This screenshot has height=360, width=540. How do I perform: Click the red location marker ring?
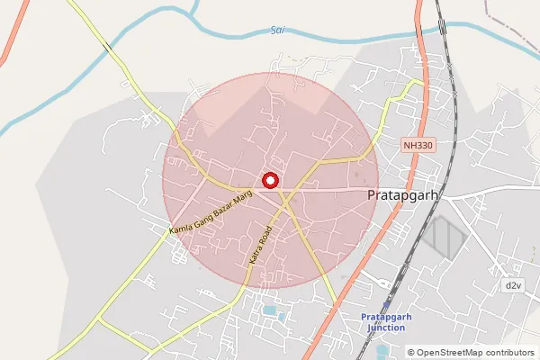[268, 181]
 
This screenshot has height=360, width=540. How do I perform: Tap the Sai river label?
[277, 31]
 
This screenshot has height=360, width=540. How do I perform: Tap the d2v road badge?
[513, 285]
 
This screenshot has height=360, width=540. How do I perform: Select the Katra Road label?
[260, 244]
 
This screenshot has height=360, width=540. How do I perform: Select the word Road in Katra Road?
[265, 237]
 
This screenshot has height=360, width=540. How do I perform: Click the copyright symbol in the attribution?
[411, 353]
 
